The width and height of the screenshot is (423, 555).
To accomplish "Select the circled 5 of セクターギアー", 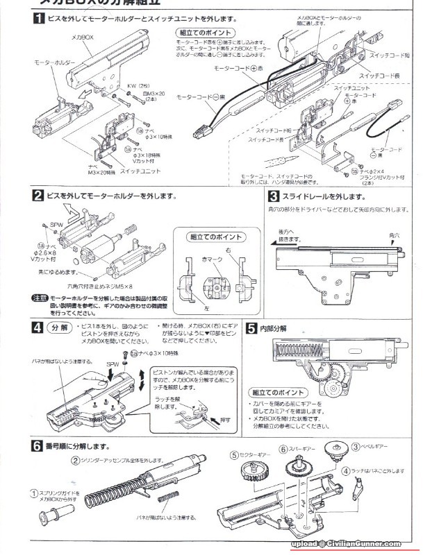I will (x=234, y=455).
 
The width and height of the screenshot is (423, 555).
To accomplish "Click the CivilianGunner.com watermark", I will (x=352, y=545).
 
